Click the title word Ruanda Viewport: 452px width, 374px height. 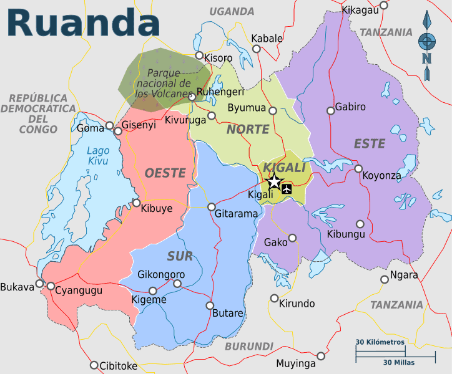pyautogui.click(x=83, y=23)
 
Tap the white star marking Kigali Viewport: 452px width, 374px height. pyautogui.click(x=274, y=182)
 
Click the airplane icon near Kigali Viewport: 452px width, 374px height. pyautogui.click(x=287, y=188)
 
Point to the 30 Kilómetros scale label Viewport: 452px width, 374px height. pyautogui.click(x=380, y=342)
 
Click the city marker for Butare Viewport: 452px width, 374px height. pyautogui.click(x=210, y=305)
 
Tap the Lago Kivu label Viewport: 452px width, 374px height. pyautogui.click(x=98, y=155)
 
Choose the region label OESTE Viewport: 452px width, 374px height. pyautogui.click(x=165, y=173)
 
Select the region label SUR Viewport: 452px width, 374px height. pyautogui.click(x=180, y=256)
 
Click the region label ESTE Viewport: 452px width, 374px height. pyautogui.click(x=370, y=144)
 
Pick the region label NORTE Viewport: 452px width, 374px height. pyautogui.click(x=248, y=130)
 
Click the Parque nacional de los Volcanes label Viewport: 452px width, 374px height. pyautogui.click(x=164, y=84)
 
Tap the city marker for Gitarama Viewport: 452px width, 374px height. pyautogui.click(x=212, y=206)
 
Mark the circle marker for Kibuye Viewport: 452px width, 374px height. pyautogui.click(x=137, y=203)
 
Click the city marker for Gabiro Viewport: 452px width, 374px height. pyautogui.click(x=330, y=111)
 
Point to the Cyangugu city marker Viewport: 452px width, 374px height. pyautogui.click(x=51, y=286)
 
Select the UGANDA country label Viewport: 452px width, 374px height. pyautogui.click(x=232, y=11)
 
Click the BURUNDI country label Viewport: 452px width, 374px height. pyautogui.click(x=249, y=346)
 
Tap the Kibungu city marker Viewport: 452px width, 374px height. pyautogui.click(x=360, y=224)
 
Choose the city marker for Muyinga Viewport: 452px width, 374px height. pyautogui.click(x=321, y=356)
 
